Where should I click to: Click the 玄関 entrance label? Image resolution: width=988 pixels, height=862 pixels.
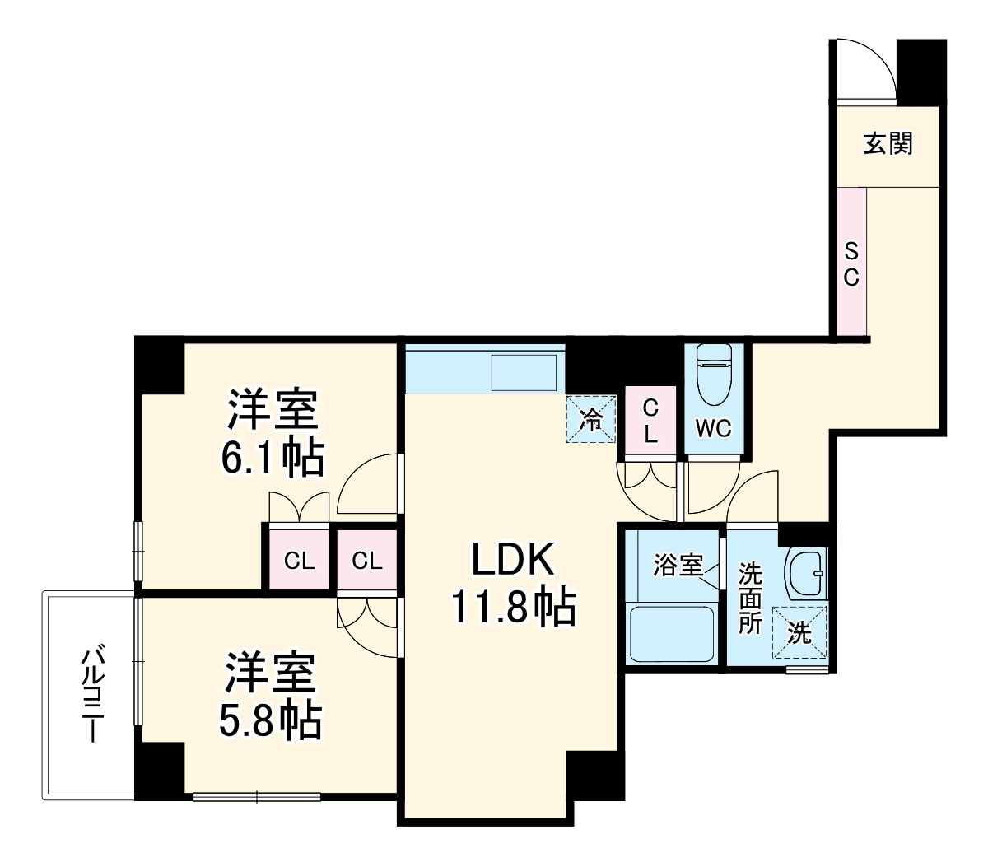[888, 144]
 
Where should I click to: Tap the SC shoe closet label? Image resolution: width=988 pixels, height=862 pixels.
[851, 263]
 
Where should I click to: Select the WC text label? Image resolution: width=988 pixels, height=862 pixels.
[713, 428]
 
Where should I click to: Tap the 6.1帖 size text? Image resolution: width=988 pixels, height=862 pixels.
[272, 459]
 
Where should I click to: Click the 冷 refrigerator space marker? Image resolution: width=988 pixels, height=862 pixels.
[591, 419]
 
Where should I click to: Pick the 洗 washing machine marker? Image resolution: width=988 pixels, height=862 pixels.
[799, 633]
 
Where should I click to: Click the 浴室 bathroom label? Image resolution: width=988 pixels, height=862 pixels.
[678, 566]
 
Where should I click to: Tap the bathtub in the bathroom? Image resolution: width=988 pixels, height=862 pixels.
[671, 634]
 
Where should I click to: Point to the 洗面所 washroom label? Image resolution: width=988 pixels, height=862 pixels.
[749, 597]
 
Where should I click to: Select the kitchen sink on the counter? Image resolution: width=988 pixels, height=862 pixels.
[524, 372]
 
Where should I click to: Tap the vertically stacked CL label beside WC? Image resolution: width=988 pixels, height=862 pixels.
[650, 421]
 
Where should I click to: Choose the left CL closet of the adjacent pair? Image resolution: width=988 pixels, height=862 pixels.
[299, 561]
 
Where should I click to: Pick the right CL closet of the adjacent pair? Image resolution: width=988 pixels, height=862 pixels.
[367, 561]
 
